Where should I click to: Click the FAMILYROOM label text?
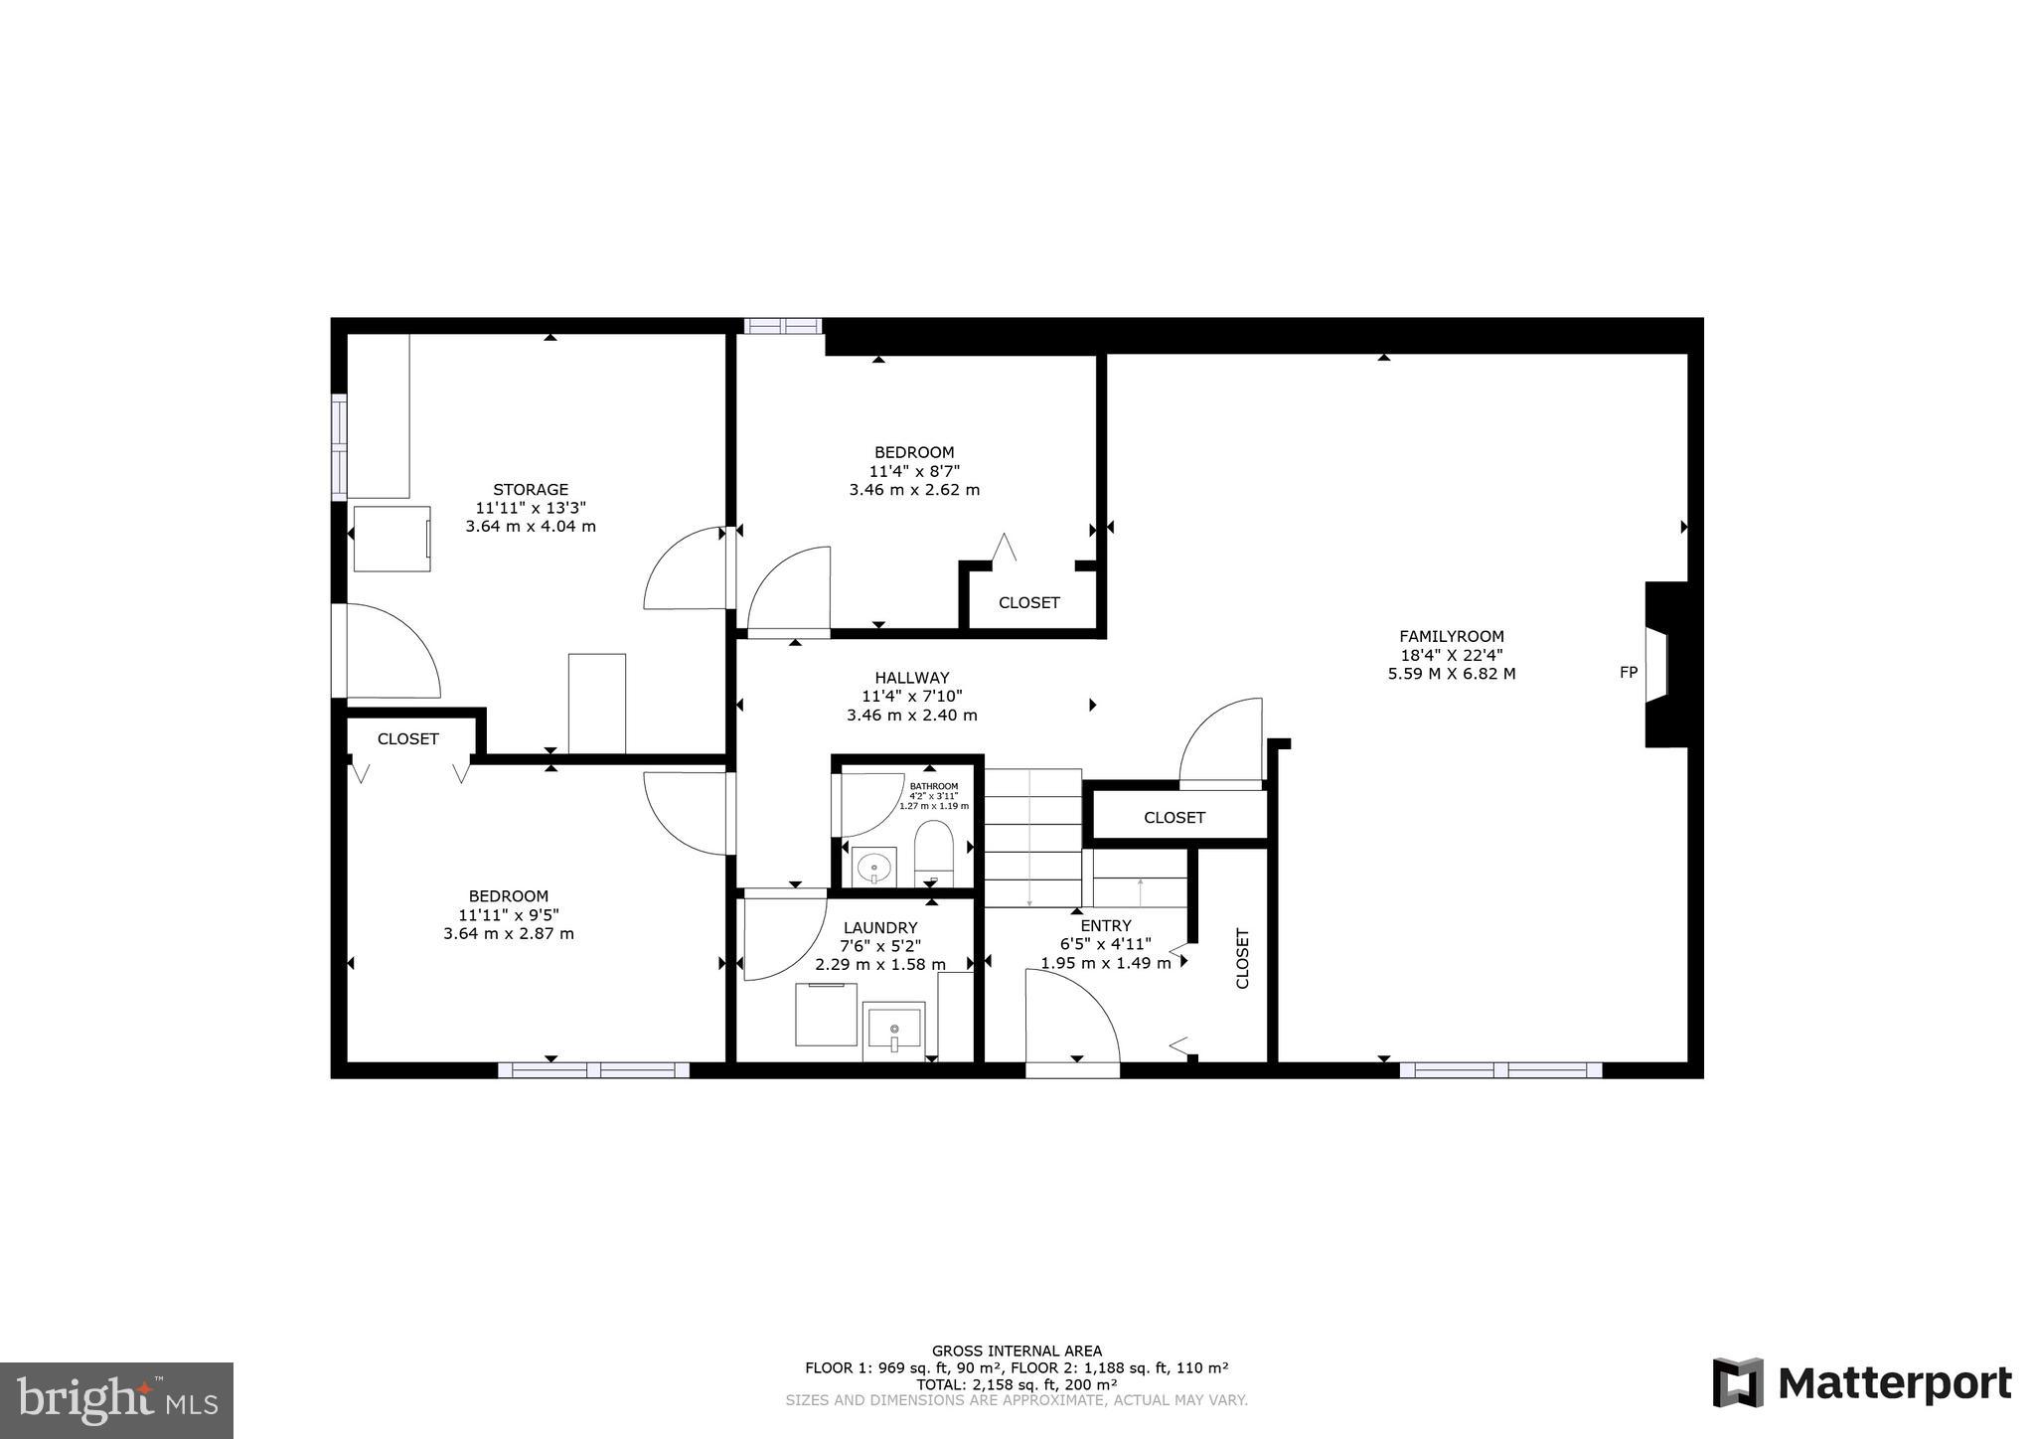tap(1451, 637)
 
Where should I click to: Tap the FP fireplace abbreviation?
tap(1628, 673)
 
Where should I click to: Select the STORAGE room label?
tap(531, 489)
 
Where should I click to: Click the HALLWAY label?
tap(911, 678)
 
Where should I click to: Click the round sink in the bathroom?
tap(874, 867)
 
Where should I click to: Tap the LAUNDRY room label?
tap(880, 928)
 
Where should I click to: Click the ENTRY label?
tap(1105, 925)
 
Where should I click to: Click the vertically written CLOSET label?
tap(1242, 958)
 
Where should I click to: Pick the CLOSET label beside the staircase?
tap(1174, 818)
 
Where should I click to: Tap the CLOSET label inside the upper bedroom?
tap(1028, 603)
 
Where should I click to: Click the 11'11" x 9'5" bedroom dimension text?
tap(509, 915)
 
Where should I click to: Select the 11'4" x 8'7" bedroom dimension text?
tap(914, 471)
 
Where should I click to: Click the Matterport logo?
tap(1861, 1382)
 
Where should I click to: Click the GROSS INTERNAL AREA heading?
tap(1016, 1351)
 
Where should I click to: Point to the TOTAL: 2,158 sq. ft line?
tap(1016, 1384)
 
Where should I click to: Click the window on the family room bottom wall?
tap(1499, 1070)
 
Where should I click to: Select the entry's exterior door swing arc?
tap(1083, 1004)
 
